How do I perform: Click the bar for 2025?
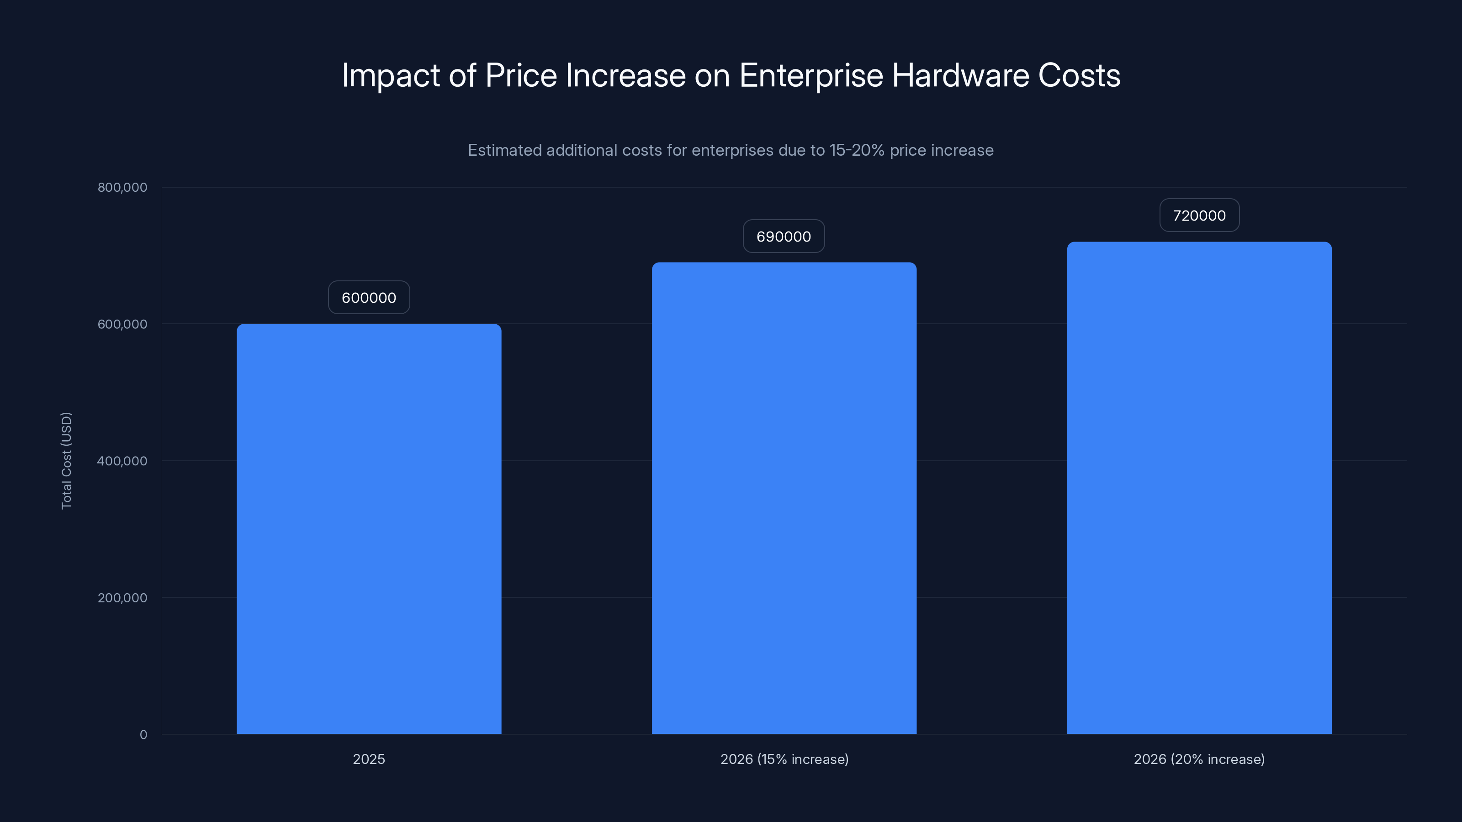click(x=369, y=529)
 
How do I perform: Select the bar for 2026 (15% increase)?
click(x=784, y=498)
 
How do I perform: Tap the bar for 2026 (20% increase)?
click(x=1199, y=488)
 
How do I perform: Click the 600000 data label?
click(x=369, y=298)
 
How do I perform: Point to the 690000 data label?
click(x=784, y=237)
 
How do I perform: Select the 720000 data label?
click(x=1199, y=216)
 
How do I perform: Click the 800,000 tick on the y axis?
click(x=122, y=187)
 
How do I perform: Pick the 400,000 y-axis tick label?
click(x=122, y=461)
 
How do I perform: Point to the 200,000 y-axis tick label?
click(x=122, y=597)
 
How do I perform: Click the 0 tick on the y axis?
click(x=143, y=735)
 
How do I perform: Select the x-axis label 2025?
click(x=369, y=759)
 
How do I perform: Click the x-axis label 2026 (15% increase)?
click(x=784, y=759)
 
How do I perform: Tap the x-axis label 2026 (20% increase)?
click(x=1199, y=759)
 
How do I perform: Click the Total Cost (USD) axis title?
click(x=66, y=461)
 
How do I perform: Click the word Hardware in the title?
click(x=960, y=75)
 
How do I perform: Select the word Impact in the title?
click(x=391, y=75)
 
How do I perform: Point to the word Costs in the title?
click(x=1079, y=75)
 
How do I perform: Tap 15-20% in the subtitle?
click(x=857, y=150)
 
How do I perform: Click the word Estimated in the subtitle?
click(x=504, y=150)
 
